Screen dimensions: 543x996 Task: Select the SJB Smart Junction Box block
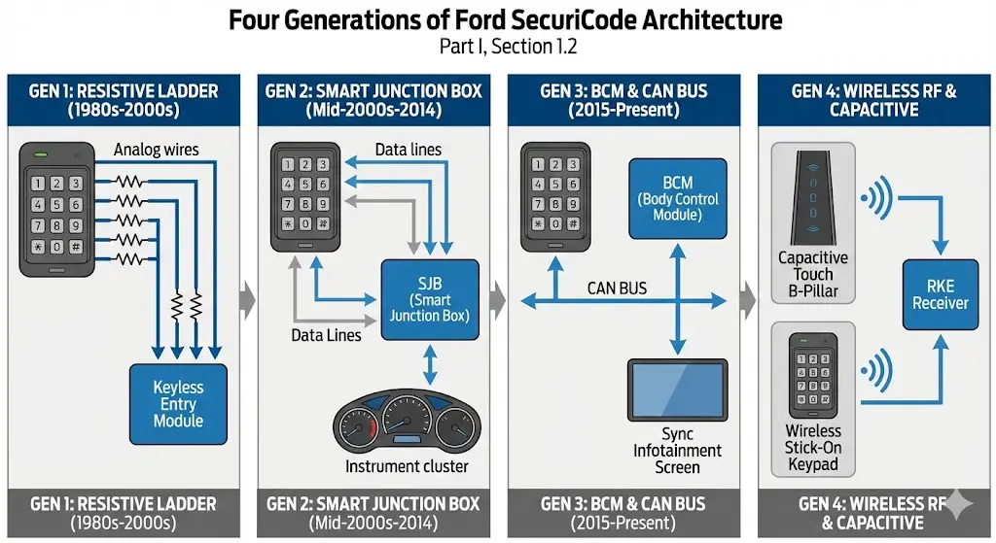[429, 299]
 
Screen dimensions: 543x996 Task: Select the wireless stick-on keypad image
[813, 375]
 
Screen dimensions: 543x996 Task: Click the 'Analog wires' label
[156, 150]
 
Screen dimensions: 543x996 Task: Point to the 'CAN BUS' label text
[617, 288]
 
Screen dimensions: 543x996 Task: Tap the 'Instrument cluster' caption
[407, 466]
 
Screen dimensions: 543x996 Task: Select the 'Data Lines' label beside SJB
[326, 335]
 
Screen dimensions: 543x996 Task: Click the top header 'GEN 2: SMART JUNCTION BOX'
[373, 91]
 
